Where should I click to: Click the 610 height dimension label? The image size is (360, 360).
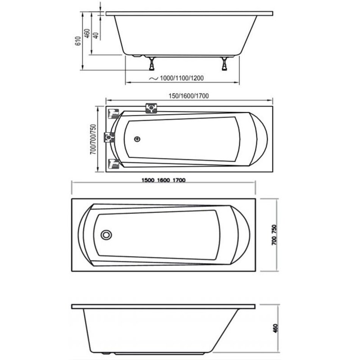click(x=78, y=41)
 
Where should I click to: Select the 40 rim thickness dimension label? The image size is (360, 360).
click(x=96, y=35)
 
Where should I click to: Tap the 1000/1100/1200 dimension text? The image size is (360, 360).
click(x=182, y=78)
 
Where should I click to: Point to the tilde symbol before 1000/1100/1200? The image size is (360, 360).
click(x=153, y=78)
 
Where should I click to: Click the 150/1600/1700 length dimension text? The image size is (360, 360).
click(x=189, y=96)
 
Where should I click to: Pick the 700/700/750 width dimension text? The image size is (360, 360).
click(x=93, y=139)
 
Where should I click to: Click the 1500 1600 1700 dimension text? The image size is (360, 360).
click(x=163, y=180)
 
